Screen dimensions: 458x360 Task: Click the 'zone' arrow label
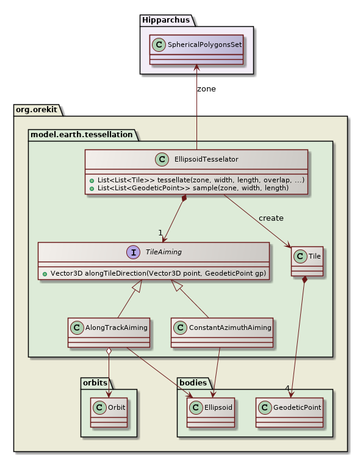pyautogui.click(x=206, y=88)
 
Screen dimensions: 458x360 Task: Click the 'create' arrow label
pyautogui.click(x=271, y=218)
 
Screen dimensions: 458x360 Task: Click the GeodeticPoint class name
pyautogui.click(x=297, y=407)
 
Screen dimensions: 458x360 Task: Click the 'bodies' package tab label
pyautogui.click(x=193, y=383)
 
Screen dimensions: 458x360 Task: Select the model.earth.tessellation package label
pyautogui.click(x=81, y=134)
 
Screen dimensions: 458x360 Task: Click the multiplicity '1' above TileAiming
pyautogui.click(x=160, y=233)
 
